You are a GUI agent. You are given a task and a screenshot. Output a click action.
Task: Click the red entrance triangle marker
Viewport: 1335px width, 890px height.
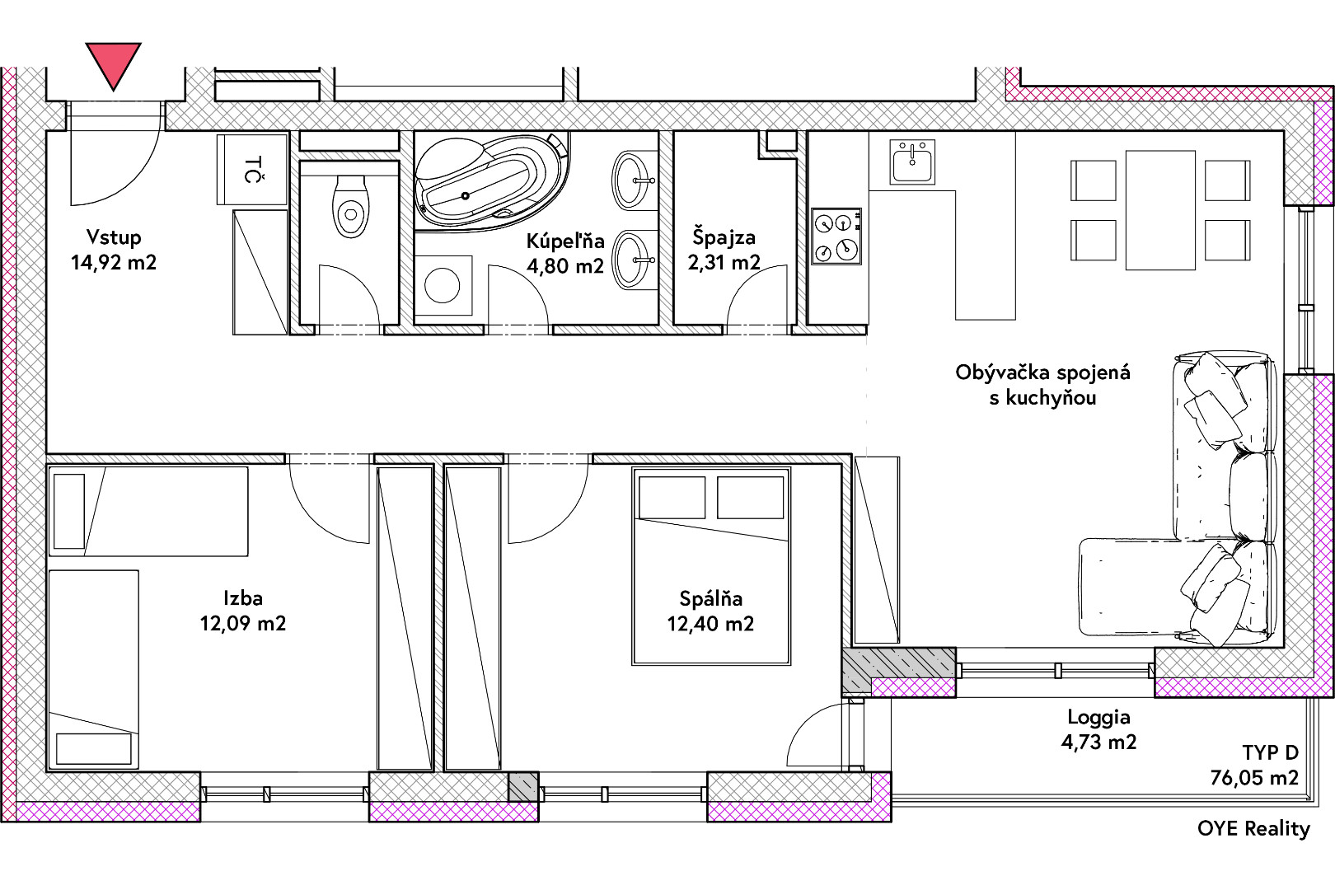[113, 63]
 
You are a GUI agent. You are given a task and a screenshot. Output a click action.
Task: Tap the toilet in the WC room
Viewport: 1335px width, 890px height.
[350, 206]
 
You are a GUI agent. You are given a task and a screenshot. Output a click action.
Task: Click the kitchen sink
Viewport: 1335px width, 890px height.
[912, 162]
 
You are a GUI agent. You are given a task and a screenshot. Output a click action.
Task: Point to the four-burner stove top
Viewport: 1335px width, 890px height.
[836, 236]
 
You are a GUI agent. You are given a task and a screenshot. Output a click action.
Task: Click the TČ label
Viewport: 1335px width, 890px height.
[253, 169]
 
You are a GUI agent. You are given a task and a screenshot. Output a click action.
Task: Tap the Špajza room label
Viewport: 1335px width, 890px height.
[724, 237]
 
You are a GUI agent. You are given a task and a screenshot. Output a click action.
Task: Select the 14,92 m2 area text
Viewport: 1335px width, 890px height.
[114, 262]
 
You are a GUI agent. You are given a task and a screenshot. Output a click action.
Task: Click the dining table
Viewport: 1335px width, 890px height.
[1160, 210]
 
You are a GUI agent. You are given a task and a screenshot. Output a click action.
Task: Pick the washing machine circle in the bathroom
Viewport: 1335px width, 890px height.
[443, 285]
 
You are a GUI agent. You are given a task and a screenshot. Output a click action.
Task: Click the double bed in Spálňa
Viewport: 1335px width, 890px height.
[712, 565]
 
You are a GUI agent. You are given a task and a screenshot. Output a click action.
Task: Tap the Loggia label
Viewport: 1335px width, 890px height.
[1099, 717]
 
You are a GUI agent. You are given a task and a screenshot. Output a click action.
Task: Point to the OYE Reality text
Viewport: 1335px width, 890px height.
[1254, 828]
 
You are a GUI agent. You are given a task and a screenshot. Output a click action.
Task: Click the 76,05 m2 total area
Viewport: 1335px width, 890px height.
[1254, 777]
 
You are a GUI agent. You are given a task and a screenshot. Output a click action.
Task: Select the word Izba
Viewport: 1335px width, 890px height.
[243, 598]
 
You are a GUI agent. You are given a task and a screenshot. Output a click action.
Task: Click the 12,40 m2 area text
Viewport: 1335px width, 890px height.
[710, 624]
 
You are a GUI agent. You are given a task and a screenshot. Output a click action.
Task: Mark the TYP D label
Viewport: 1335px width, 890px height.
[1271, 752]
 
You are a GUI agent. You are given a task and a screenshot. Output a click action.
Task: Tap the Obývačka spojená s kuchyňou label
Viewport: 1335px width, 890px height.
[1043, 385]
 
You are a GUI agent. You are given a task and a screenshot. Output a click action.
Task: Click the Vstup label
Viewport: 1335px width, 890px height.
[114, 237]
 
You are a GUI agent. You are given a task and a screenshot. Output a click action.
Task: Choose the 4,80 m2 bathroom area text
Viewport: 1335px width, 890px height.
[565, 266]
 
